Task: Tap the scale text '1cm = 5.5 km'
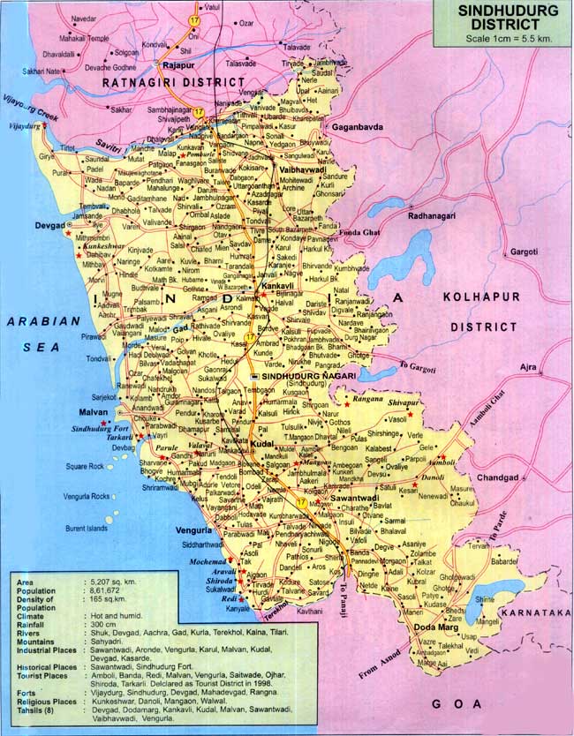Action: [x=500, y=40]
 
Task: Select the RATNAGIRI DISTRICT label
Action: [x=172, y=81]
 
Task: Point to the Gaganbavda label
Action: [x=354, y=128]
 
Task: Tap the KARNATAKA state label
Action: [x=534, y=612]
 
